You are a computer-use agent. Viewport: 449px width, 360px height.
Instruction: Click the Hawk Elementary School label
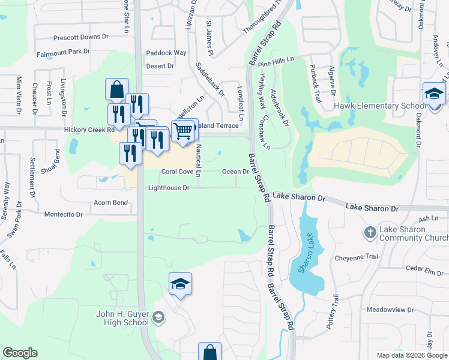(376, 106)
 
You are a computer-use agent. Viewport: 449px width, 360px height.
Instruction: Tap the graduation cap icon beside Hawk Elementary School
(434, 94)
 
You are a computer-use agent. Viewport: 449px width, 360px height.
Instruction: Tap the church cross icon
(370, 232)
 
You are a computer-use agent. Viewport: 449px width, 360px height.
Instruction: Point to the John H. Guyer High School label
(122, 318)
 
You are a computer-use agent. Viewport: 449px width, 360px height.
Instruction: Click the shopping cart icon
(182, 130)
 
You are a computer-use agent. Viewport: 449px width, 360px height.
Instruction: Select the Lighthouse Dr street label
(169, 188)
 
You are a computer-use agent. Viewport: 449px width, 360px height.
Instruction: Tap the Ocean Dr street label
(235, 172)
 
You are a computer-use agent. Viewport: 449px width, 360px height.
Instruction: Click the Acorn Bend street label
(110, 203)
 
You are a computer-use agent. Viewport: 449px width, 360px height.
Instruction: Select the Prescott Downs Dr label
(81, 37)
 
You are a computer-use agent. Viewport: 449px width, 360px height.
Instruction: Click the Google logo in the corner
(20, 353)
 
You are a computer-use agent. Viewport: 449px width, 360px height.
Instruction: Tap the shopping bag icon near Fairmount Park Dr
(116, 90)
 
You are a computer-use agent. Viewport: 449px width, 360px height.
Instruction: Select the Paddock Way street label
(166, 53)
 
